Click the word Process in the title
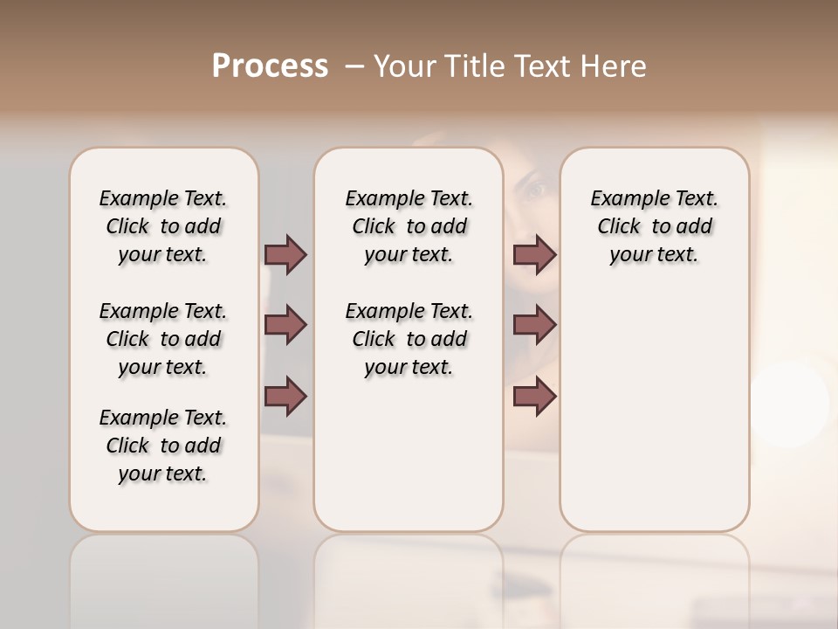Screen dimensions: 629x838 [x=270, y=66]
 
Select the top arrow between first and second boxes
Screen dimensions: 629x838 [x=285, y=254]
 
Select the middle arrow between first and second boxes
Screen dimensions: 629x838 [x=285, y=325]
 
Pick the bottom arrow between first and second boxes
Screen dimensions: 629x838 [x=285, y=397]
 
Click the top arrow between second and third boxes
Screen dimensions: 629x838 [x=534, y=254]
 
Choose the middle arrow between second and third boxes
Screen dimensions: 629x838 [x=534, y=325]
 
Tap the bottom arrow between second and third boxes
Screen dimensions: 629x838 [x=534, y=397]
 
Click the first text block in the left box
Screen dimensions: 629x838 [x=163, y=226]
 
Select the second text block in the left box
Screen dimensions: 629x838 [x=163, y=339]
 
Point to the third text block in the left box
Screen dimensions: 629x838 [x=163, y=446]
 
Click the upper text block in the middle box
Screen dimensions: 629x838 [x=409, y=226]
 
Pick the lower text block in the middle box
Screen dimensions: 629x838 [x=409, y=339]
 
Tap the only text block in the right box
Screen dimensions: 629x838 [x=654, y=226]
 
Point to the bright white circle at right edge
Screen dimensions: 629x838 [x=790, y=404]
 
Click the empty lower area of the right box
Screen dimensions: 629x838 [x=654, y=419]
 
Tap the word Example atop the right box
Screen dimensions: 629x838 [x=622, y=199]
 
